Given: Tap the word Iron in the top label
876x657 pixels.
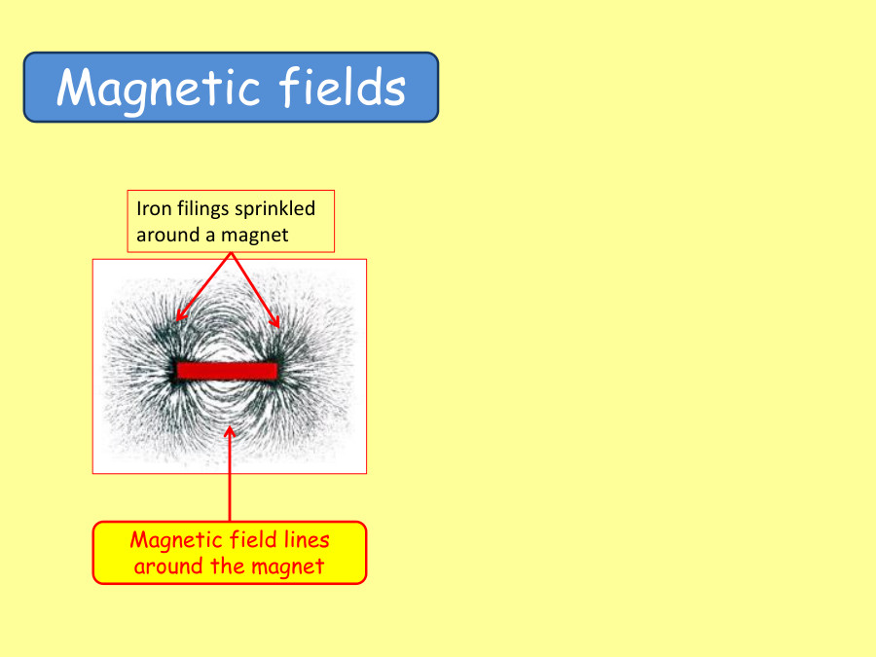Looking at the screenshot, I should coord(151,208).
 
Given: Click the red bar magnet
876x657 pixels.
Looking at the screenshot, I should coord(228,370).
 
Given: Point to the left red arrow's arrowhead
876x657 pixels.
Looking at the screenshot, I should coord(179,316).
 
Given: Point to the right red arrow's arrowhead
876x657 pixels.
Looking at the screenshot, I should coord(276,323).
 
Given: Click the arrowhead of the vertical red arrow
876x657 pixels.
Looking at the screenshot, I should coord(230,429).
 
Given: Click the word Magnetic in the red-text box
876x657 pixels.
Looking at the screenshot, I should coord(172,539).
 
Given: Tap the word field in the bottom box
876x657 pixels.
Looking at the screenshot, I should coord(249,539).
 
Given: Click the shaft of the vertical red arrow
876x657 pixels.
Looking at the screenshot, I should coord(230,482).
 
